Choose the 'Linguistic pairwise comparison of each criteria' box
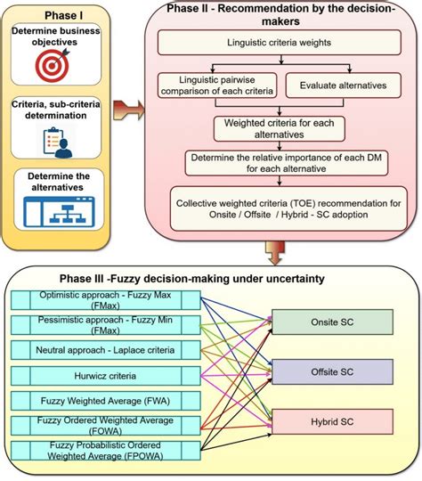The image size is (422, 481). (x=217, y=85)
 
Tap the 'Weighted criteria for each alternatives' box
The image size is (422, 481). (x=280, y=129)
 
